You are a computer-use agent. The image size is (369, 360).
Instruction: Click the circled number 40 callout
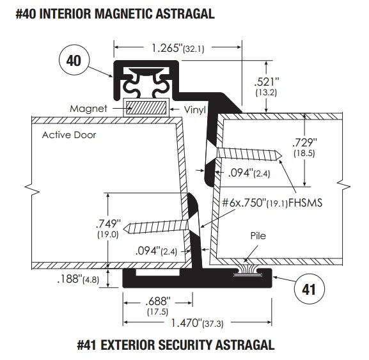coord(74,60)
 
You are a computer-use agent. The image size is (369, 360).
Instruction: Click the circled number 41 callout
coord(310,289)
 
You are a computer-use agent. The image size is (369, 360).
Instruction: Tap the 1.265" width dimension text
coord(178,48)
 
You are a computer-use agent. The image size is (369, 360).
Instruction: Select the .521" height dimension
coord(267,86)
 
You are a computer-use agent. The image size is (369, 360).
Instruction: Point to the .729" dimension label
coord(304,147)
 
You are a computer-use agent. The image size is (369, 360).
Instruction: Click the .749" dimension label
coord(108,228)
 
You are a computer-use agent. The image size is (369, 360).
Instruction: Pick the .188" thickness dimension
coord(78,279)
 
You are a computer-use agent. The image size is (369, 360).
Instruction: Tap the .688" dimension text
coord(158,306)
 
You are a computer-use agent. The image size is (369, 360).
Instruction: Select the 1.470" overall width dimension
coord(197,323)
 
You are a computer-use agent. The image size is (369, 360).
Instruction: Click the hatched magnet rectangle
coord(146,107)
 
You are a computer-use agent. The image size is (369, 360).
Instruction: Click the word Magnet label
coord(88,109)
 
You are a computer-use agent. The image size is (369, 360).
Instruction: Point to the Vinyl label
coord(194,109)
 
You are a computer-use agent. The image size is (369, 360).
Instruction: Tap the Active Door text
coord(69,135)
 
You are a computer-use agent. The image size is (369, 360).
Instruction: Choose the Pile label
coord(258,236)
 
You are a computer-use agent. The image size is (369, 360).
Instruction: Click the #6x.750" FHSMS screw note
coord(272,203)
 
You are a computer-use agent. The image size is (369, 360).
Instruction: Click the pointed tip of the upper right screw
coord(281,155)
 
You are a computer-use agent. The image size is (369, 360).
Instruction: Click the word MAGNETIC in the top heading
coord(123,13)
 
